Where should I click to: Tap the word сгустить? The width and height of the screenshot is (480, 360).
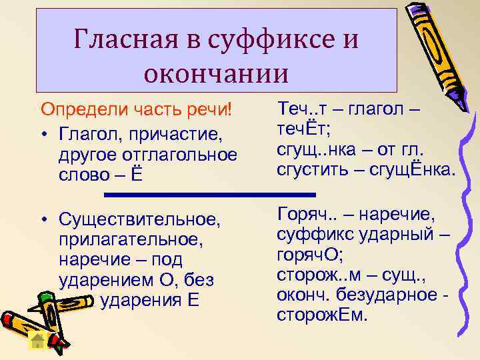[312, 171]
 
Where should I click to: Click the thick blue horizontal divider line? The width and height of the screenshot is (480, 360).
[210, 195]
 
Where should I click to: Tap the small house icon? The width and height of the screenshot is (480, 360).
[38, 342]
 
